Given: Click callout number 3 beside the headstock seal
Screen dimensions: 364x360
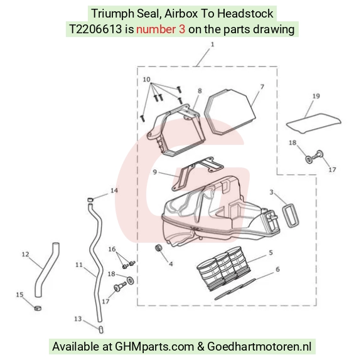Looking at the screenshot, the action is (x=271, y=193).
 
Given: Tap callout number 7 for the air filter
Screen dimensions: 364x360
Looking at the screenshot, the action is (x=262, y=87).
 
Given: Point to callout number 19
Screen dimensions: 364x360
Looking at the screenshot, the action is (x=316, y=96).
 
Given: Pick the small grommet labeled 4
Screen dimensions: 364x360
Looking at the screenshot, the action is (x=159, y=248).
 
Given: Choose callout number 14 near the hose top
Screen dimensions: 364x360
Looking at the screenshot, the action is (x=114, y=191).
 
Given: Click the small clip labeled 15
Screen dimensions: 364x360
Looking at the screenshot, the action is (x=38, y=309).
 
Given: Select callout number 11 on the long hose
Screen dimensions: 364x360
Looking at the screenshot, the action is (x=79, y=265).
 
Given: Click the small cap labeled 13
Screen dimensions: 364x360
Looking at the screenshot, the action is (x=101, y=329).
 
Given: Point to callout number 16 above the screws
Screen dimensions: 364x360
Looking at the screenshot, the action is (x=112, y=249).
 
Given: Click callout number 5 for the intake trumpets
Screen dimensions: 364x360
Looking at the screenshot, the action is (x=270, y=252).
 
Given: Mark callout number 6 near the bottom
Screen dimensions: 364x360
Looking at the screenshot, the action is (x=277, y=269).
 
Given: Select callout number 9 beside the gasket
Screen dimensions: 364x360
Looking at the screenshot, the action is (x=155, y=172).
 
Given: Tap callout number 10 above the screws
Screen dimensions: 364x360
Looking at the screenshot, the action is (x=146, y=80).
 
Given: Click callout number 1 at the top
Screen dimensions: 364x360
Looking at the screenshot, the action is (x=212, y=45).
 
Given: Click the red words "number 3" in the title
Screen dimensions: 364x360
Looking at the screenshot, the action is (x=161, y=29).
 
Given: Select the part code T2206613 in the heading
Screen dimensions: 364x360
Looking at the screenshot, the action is (x=95, y=29).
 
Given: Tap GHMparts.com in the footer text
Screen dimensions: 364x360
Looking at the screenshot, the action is (x=154, y=347).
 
